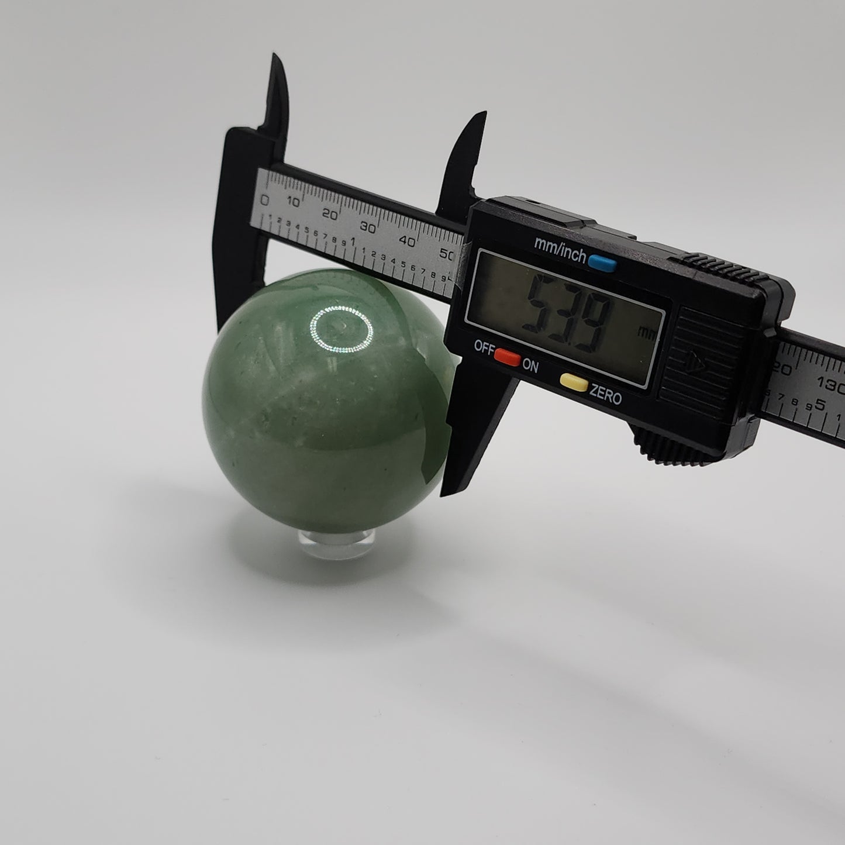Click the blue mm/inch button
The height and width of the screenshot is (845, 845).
click(x=602, y=263)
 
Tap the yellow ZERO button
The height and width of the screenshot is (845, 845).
click(x=574, y=382)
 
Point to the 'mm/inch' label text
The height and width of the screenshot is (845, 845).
click(x=560, y=248)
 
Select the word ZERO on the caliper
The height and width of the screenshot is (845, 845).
click(x=606, y=394)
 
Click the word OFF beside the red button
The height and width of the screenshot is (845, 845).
click(x=484, y=349)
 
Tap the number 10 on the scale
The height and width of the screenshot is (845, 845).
click(x=293, y=202)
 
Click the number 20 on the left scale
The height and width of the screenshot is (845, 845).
click(x=329, y=215)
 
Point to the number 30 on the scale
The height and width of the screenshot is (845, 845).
click(x=367, y=227)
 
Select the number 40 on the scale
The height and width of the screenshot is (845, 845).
click(x=407, y=241)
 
